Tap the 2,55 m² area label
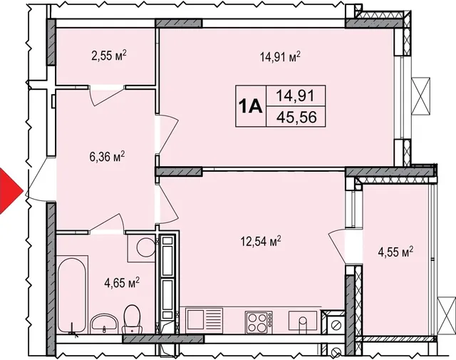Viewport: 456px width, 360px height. [x=109, y=56]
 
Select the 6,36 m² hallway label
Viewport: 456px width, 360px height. [x=107, y=157]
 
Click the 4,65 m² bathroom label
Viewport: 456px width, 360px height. [x=122, y=282]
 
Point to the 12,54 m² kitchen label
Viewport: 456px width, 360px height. [x=261, y=241]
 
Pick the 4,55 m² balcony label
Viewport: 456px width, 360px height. [x=395, y=252]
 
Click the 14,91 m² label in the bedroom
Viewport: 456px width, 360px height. [x=280, y=57]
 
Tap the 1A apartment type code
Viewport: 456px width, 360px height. [x=251, y=106]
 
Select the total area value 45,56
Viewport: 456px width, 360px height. [x=296, y=118]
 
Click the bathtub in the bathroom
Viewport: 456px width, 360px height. [x=71, y=294]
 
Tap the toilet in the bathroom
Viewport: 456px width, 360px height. [x=132, y=319]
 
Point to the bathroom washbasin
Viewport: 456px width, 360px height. [x=104, y=323]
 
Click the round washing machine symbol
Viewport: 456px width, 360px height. [x=145, y=247]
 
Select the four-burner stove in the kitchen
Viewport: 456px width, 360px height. [x=259, y=322]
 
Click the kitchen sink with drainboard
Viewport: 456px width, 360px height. [x=204, y=320]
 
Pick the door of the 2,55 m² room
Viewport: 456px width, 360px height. [x=107, y=96]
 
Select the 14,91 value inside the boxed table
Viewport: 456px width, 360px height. [x=295, y=95]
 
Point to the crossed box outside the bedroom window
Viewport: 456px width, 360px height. [x=421, y=96]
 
